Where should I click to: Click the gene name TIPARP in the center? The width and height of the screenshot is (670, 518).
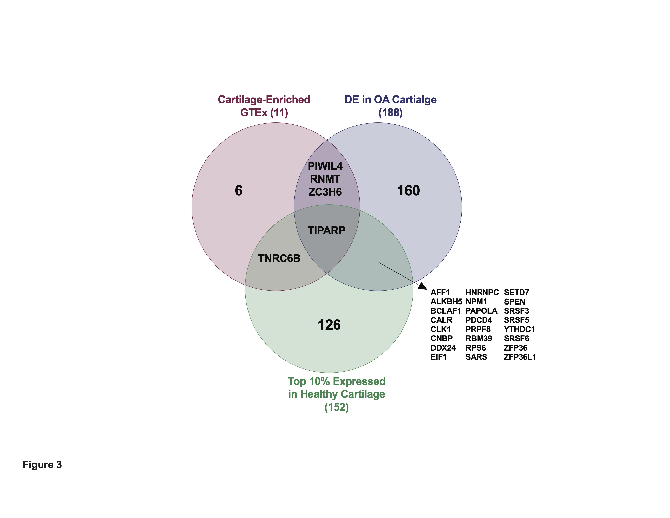[326, 231]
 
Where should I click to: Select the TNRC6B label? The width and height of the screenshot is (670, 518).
[279, 258]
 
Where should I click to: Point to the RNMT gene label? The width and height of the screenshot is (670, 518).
[325, 179]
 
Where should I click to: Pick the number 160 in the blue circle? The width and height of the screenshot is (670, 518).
[408, 191]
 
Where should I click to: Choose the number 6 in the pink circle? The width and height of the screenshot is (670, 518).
[238, 191]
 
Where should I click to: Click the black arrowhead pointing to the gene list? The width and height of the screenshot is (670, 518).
[423, 286]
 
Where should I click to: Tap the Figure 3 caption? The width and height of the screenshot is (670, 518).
[42, 465]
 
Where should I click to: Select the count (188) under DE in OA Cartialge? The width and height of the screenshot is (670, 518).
[390, 113]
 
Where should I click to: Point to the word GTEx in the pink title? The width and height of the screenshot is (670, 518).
[254, 113]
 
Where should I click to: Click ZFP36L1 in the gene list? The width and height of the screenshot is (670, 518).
[520, 357]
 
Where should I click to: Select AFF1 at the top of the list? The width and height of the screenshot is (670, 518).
[440, 293]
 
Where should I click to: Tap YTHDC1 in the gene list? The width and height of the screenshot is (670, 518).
[519, 329]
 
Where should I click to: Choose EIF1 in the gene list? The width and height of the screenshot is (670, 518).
[438, 357]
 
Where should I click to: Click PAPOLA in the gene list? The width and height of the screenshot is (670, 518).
[481, 311]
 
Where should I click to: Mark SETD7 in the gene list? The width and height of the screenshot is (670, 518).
[516, 293]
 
